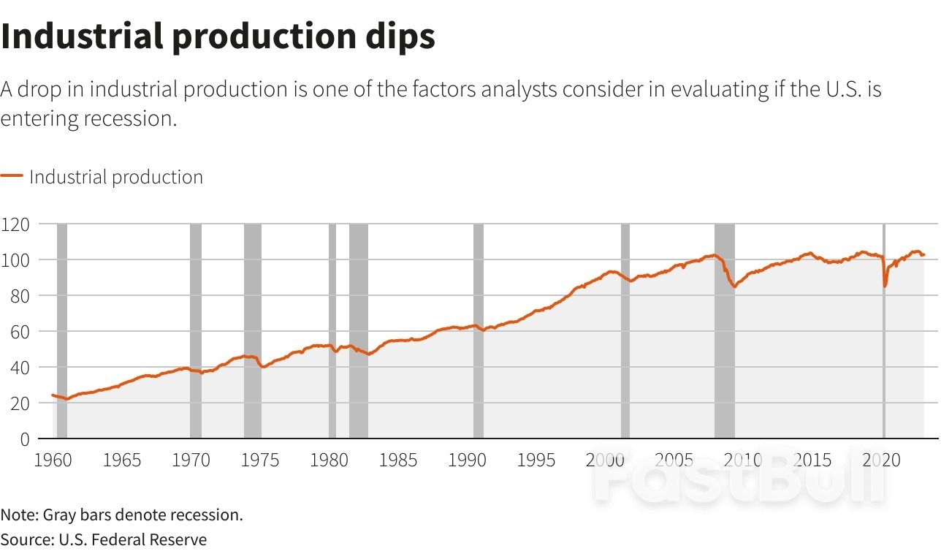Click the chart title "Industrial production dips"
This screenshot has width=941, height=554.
(218, 36)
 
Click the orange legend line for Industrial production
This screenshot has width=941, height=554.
(12, 176)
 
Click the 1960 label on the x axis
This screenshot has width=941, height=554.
(53, 460)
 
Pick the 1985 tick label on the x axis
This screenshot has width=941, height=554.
(399, 460)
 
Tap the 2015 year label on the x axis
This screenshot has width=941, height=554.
(813, 460)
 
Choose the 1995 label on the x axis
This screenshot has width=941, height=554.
(537, 460)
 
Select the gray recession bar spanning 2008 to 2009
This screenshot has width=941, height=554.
(724, 329)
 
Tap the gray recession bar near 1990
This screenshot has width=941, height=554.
(479, 329)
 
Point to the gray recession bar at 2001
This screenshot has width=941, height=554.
(625, 329)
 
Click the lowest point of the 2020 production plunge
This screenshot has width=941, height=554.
(885, 286)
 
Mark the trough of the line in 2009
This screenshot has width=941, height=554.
(734, 287)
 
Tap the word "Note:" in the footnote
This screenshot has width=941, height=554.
(20, 515)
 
